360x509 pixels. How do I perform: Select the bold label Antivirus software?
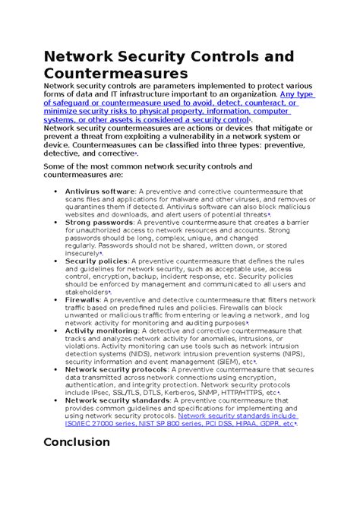99,191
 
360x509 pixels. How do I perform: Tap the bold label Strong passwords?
98,222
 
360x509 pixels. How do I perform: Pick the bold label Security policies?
96,261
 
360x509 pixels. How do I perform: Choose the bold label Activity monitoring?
101,331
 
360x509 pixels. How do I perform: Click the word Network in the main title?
84,55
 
